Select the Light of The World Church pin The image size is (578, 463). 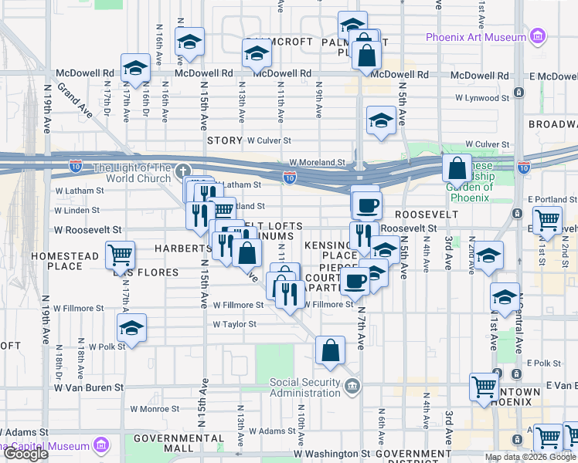183,171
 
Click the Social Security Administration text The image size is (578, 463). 304,387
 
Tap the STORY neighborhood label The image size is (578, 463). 225,141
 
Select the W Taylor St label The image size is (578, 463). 235,325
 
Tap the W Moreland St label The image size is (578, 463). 318,163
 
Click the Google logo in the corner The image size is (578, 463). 25,455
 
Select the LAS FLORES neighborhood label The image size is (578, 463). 146,272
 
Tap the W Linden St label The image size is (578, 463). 76,210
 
